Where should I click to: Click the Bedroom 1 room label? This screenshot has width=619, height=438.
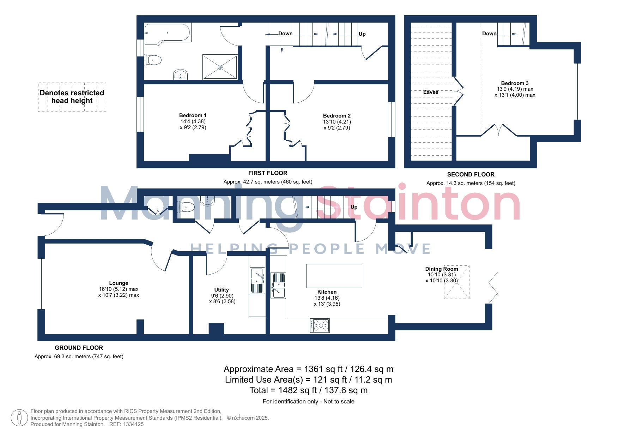coord(193,115)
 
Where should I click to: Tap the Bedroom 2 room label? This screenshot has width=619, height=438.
coord(337,116)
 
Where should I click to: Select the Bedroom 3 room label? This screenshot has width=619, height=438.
coord(515,83)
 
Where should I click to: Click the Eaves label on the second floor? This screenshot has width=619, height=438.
coord(431,92)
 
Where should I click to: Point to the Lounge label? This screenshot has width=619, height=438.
coord(119,283)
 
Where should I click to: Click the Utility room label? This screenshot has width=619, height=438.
coord(221,290)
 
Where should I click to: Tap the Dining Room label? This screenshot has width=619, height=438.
coord(442,269)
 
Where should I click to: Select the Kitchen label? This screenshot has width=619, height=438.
coord(327,292)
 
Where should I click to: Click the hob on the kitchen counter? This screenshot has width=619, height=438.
coord(320,325)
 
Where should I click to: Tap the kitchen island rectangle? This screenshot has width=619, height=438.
coord(334,276)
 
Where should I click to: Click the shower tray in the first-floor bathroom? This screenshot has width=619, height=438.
coord(220,67)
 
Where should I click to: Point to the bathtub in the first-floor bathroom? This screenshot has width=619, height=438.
coord(168,34)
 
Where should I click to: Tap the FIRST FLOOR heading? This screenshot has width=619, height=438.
coord(268,173)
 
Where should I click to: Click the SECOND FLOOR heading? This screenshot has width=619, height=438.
coord(471,174)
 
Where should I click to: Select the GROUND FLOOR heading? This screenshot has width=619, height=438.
coord(79,348)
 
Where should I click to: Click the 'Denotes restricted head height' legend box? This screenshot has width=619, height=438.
coord(72,97)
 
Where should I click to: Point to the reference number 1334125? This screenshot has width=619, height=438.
coord(133,424)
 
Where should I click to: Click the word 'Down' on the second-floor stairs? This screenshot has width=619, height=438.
coord(489,34)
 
